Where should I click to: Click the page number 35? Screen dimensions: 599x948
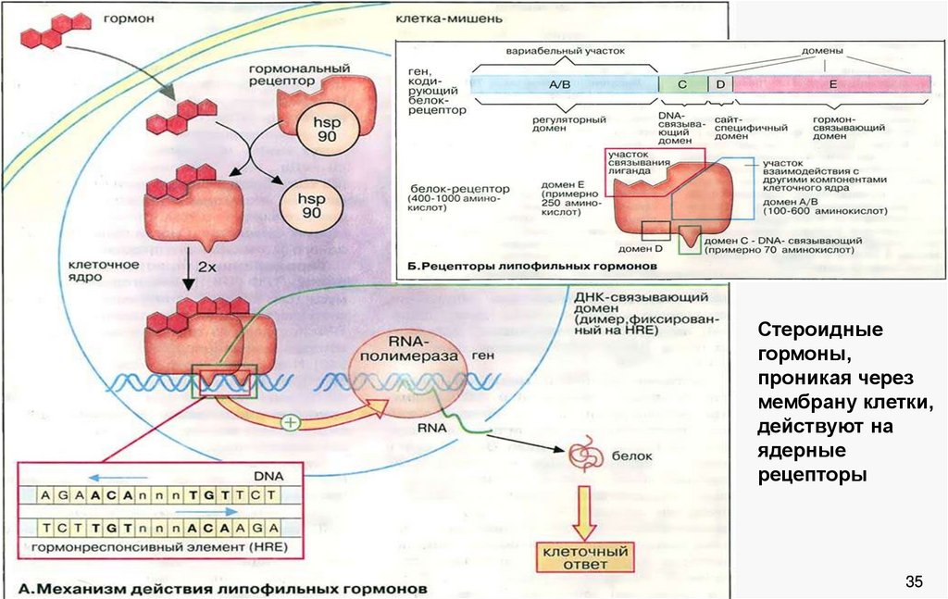click(x=915, y=581)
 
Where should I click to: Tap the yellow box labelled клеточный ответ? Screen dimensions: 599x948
click(x=584, y=556)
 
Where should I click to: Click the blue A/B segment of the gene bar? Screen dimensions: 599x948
click(x=564, y=84)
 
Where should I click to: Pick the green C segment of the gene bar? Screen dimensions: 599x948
click(x=682, y=84)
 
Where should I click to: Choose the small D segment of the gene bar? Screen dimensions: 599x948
click(x=719, y=84)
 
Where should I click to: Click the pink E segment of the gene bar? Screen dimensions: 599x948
click(x=831, y=84)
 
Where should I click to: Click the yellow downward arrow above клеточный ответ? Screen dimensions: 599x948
click(x=584, y=511)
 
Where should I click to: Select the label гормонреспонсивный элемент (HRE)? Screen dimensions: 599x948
click(x=158, y=548)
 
